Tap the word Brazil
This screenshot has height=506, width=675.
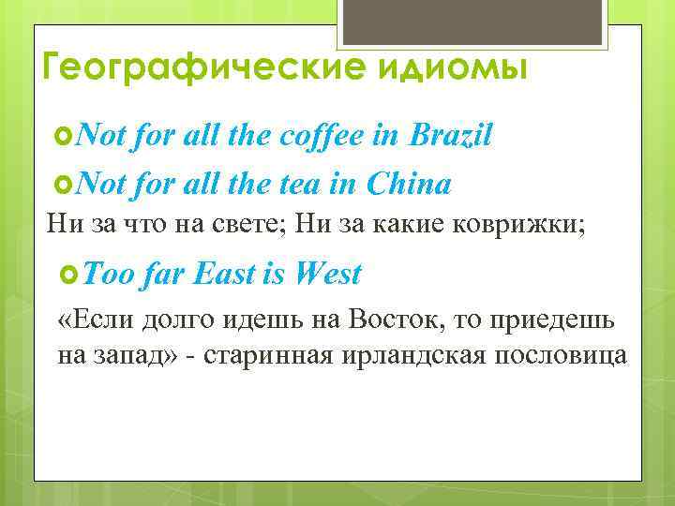point(450,137)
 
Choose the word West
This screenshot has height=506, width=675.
point(326,274)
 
